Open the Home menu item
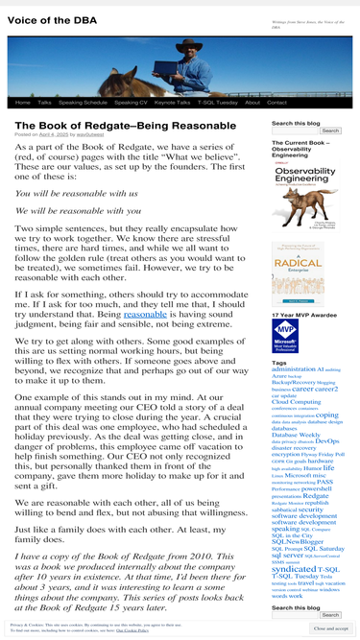(x=22, y=102)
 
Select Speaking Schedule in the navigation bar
(x=83, y=102)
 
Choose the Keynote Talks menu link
(x=172, y=102)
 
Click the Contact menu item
(x=276, y=102)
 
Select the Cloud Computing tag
(x=297, y=401)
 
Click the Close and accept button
(x=329, y=628)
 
